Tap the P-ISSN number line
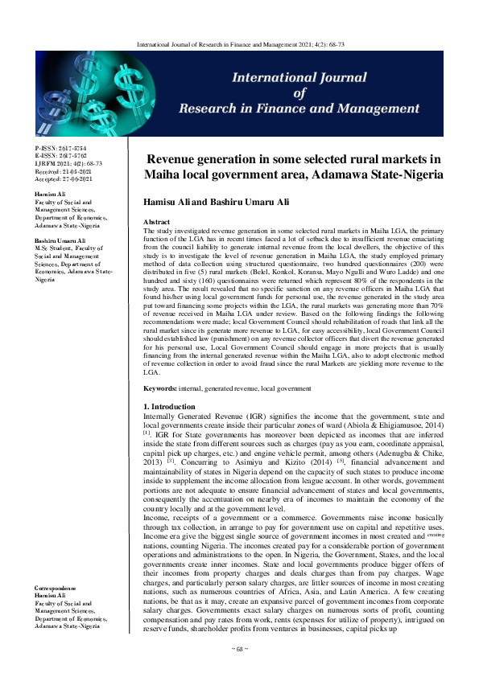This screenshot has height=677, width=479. point(60,149)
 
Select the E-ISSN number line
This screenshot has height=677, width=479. point(60,156)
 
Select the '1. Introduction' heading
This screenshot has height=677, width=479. point(170,408)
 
